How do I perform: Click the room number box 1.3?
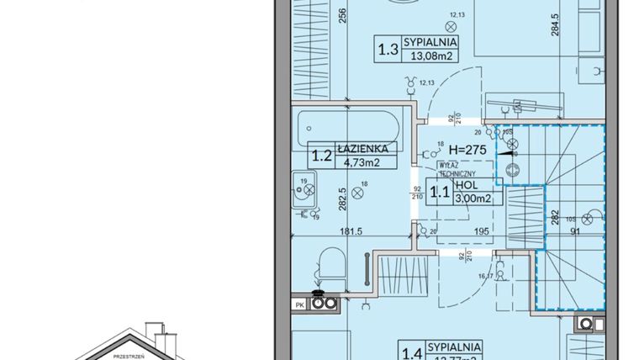388,49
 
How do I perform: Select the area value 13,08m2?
430,57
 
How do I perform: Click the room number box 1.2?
319,156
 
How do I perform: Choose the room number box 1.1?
438,191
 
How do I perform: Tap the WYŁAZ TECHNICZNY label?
452,170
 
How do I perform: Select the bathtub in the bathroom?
349,130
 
